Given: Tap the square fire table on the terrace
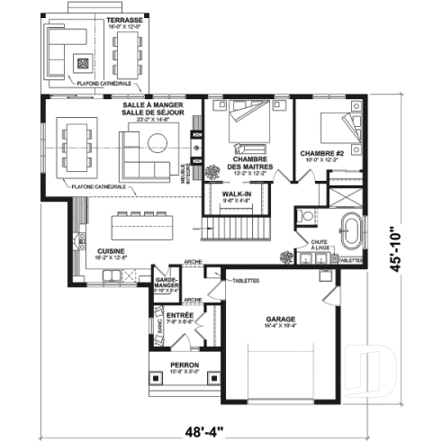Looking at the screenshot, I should [84, 64].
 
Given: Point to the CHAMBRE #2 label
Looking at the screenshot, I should [320, 153].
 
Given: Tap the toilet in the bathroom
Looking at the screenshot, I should [305, 216].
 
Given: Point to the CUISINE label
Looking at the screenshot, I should [101, 251].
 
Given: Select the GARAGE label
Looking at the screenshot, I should [279, 320].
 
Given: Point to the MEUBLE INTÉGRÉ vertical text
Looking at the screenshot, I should [185, 171].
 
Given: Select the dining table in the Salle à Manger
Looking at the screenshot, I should [75, 146].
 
